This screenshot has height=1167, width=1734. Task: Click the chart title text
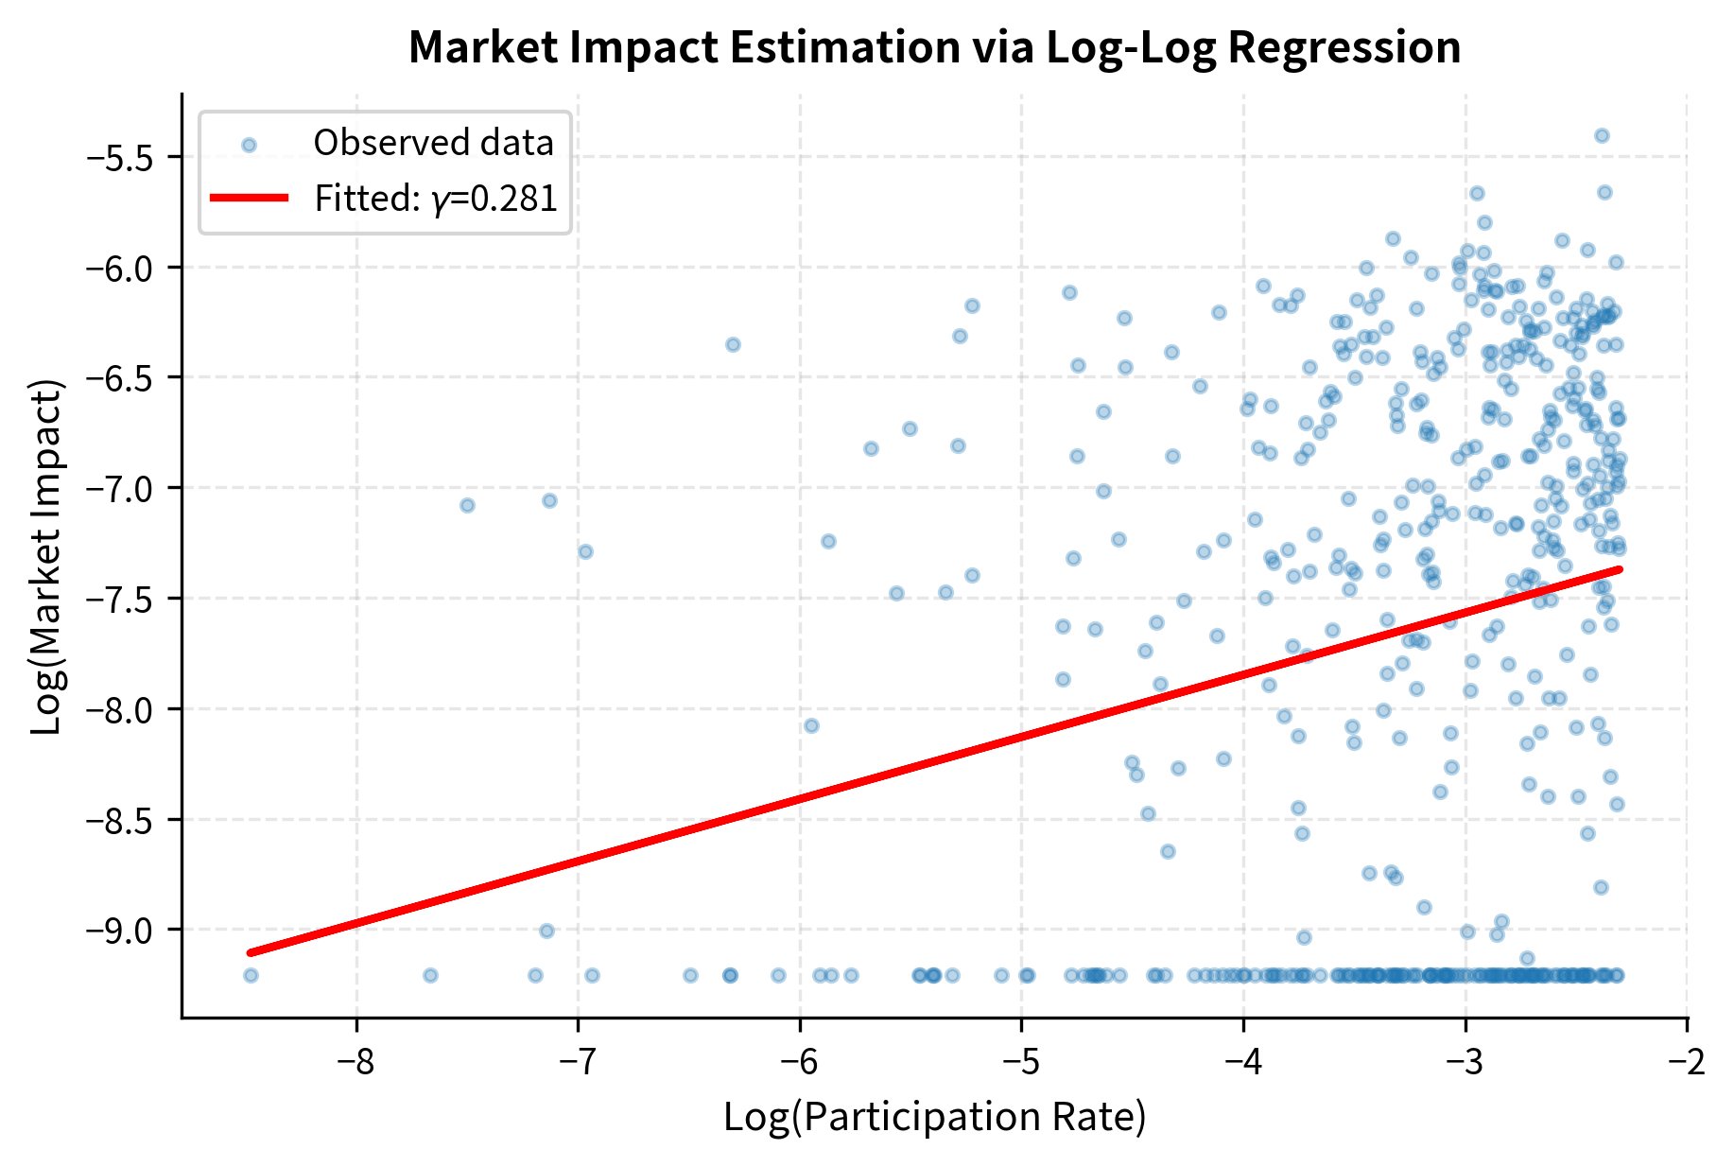[x=934, y=47]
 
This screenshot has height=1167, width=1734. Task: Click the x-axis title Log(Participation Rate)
[x=934, y=1117]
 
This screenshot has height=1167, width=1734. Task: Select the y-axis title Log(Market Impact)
[x=47, y=556]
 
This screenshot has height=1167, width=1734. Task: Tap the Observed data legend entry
[x=433, y=143]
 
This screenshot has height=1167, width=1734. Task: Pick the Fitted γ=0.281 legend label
[x=436, y=199]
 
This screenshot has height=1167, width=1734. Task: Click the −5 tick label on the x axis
[x=1021, y=1061]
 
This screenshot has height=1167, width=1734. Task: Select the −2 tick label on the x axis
[x=1687, y=1061]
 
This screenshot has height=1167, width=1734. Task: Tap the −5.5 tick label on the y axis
[x=120, y=157]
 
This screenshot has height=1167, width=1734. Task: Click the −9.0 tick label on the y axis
[x=120, y=931]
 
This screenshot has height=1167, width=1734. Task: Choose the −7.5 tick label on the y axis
[x=120, y=599]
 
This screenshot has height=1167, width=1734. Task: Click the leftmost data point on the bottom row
[x=251, y=975]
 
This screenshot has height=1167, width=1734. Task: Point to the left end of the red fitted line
[x=251, y=952]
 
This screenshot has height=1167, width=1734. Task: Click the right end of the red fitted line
[x=1620, y=569]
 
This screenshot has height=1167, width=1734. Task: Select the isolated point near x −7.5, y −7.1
[x=467, y=505]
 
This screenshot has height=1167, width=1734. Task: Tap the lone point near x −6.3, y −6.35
[x=733, y=344]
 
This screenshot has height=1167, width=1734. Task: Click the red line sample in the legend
[x=249, y=198]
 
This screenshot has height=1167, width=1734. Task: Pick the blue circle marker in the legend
[x=249, y=145]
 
